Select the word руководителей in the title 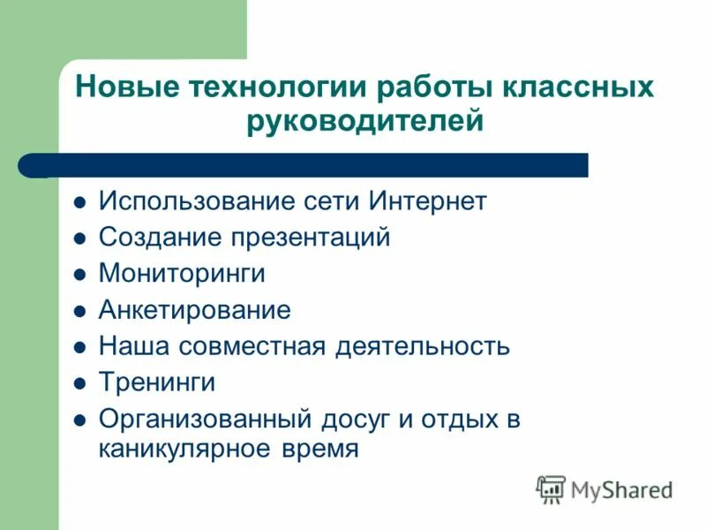365,121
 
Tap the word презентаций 312,238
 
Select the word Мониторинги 182,274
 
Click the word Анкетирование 194,310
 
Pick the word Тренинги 157,382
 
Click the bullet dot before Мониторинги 79,275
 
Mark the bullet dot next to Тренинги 79,383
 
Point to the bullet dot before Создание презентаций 79,238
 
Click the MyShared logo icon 551,488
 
